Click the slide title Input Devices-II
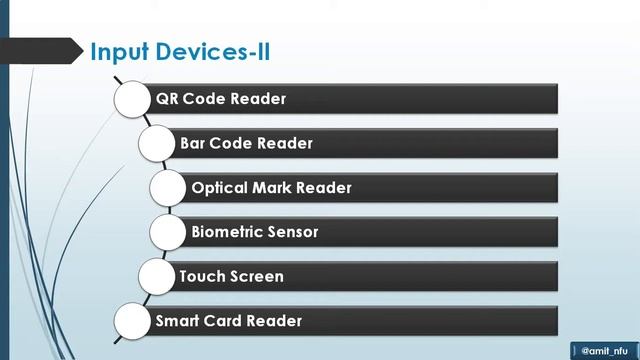180,51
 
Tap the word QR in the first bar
167,99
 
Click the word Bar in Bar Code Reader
192,143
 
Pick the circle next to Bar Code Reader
158,143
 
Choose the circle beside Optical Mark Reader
170,188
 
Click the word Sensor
293,232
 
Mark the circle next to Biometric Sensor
170,232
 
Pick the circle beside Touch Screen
158,276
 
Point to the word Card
225,321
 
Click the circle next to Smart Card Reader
135,321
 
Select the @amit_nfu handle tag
606,350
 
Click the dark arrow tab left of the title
40,50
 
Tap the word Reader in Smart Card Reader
275,321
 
